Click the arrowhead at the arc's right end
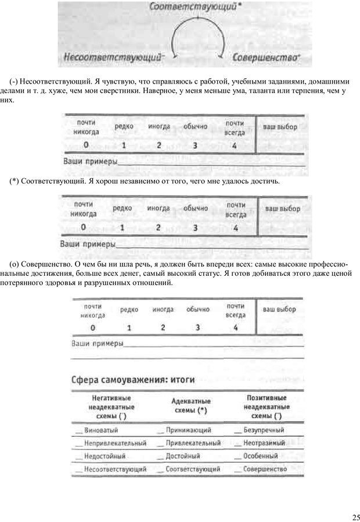[221, 55]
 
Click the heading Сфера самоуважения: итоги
[132, 380]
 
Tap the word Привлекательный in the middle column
[193, 443]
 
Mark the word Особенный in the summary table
[260, 456]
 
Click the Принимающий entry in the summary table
[188, 431]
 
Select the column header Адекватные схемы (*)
[191, 405]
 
